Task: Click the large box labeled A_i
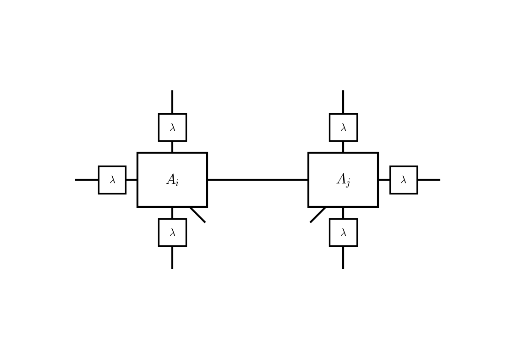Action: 172,180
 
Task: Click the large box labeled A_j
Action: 343,180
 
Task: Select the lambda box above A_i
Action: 172,127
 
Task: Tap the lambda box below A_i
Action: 172,233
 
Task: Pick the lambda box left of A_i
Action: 112,180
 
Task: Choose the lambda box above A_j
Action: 343,127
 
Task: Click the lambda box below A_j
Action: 343,233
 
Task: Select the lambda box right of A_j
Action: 403,180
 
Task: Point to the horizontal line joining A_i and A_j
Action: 257,180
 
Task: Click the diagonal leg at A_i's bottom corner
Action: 198,215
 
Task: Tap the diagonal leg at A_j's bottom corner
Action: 318,215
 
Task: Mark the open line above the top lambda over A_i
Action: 172,102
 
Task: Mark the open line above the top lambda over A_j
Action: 343,102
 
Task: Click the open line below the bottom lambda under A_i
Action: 172,257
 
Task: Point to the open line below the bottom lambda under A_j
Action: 343,257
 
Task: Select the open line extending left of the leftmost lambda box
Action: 87,180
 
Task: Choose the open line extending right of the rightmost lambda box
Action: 428,180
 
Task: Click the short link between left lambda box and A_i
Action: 131,180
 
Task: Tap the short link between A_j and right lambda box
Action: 384,180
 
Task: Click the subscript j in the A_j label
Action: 348,184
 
